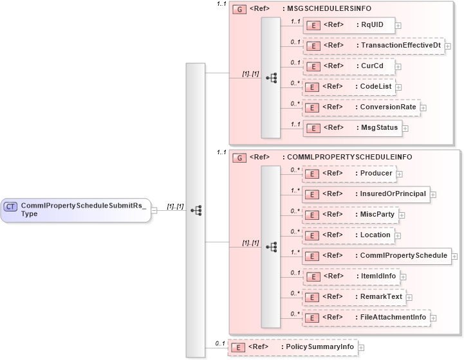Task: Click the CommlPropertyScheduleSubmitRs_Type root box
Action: click(76, 210)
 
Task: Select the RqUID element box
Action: click(348, 25)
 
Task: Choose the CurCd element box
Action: click(348, 66)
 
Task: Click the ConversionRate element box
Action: click(361, 107)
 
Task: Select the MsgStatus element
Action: click(352, 128)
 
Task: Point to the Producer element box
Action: click(349, 174)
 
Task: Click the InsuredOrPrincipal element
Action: click(366, 194)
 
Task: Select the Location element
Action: click(349, 235)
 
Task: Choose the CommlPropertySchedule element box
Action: click(376, 256)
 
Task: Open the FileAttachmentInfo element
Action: click(366, 318)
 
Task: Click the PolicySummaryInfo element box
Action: click(293, 347)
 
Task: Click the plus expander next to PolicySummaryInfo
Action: click(361, 348)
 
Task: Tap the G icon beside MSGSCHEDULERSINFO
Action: click(239, 9)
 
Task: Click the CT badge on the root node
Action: click(11, 206)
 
